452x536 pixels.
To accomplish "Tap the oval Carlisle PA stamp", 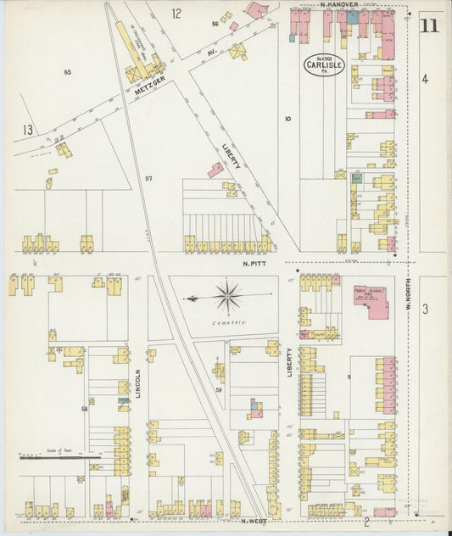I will tap(324, 65).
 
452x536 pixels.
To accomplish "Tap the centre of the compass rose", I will tap(227, 298).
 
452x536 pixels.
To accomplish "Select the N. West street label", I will tap(255, 521).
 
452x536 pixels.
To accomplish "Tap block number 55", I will tap(67, 73).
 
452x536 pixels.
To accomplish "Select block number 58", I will tap(84, 410).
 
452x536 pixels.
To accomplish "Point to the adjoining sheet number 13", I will tap(28, 130).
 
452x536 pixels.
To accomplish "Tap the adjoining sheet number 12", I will tap(176, 13).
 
